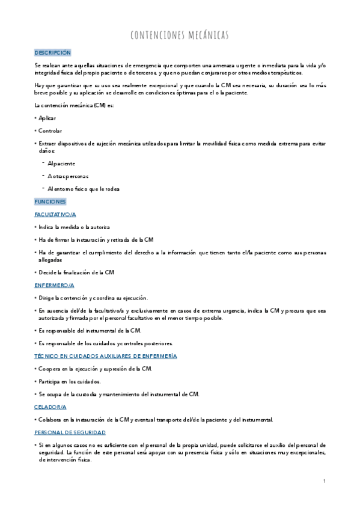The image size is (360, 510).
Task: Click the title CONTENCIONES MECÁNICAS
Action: point(179,35)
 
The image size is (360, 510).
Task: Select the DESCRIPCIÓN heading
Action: point(53,53)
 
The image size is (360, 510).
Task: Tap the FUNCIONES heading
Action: point(50,201)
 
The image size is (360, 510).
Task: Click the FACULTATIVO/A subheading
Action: point(55,214)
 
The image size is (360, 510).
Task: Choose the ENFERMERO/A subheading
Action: point(54,284)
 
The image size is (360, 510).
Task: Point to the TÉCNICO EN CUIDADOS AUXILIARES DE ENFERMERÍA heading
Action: point(106,356)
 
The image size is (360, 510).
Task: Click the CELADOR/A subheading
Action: point(50,407)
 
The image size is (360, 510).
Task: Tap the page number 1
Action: point(324,481)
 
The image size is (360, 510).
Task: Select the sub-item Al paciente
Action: point(61,164)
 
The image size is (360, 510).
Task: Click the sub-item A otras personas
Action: point(67,176)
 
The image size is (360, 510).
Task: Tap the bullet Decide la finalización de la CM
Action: point(76,272)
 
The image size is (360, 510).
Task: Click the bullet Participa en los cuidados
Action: point(70,381)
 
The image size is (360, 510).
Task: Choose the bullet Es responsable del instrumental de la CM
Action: point(90,331)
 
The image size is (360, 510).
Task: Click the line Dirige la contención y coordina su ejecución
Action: point(93,298)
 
